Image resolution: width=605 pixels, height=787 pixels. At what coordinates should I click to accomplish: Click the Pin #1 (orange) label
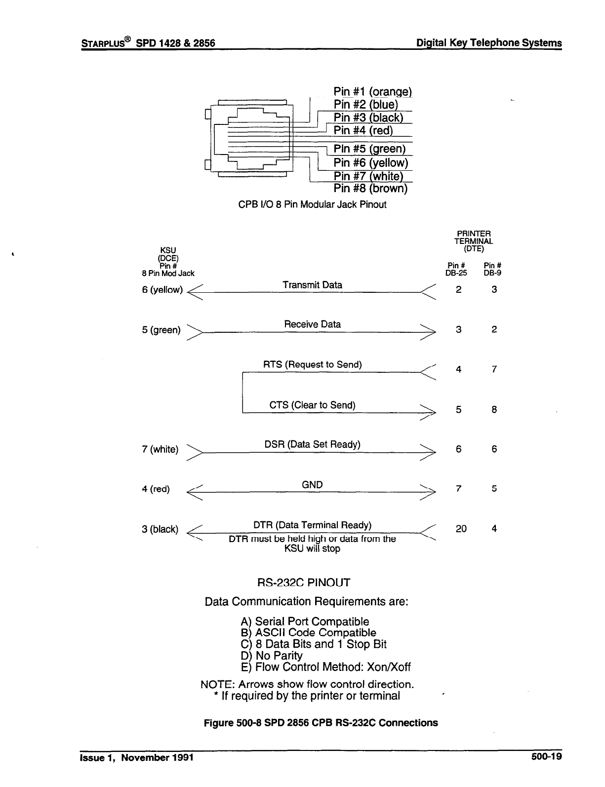372,92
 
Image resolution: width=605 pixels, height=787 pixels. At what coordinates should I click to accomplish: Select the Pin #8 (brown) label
370,189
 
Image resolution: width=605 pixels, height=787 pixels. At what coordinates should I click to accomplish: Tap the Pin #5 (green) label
369,149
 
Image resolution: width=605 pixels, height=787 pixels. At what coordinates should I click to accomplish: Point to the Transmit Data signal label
312,285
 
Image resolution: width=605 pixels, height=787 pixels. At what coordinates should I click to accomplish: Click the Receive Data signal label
312,324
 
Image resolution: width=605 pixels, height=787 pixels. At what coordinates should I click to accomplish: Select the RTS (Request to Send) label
312,365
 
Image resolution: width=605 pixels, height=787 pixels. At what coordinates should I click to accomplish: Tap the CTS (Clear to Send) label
312,405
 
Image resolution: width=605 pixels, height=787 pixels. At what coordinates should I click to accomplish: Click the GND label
312,485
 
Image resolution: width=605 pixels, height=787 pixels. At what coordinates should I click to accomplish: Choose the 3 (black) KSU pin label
160,529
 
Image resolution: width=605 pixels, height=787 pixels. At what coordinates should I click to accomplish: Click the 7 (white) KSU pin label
160,449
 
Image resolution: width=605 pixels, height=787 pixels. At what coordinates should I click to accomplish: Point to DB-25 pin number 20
461,529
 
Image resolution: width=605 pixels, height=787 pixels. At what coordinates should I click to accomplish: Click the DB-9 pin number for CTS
494,409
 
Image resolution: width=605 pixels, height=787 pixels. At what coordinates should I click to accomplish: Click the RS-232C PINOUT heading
304,583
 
